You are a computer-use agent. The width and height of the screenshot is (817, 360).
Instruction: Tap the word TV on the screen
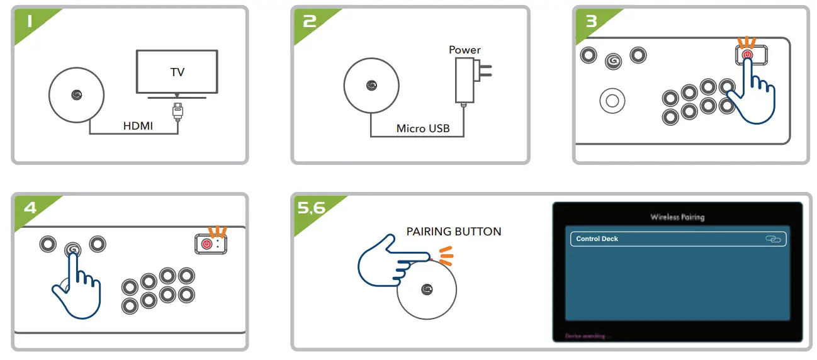tap(177, 72)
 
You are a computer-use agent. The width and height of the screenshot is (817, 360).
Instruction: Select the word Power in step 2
tap(465, 50)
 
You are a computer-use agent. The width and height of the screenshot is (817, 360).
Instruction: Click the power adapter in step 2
tap(465, 80)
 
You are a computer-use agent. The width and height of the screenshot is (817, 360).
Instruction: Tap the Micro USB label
tap(423, 128)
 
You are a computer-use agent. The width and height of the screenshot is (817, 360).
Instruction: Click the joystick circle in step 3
tap(612, 99)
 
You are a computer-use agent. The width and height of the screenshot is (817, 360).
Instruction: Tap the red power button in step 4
tap(207, 244)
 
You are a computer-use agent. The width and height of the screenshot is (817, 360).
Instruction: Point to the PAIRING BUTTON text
tap(454, 232)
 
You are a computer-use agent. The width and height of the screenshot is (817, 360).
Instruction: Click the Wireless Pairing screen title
tap(677, 217)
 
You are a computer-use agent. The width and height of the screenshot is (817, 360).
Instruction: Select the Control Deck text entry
tap(597, 239)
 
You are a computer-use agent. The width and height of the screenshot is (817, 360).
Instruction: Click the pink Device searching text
tap(585, 337)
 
